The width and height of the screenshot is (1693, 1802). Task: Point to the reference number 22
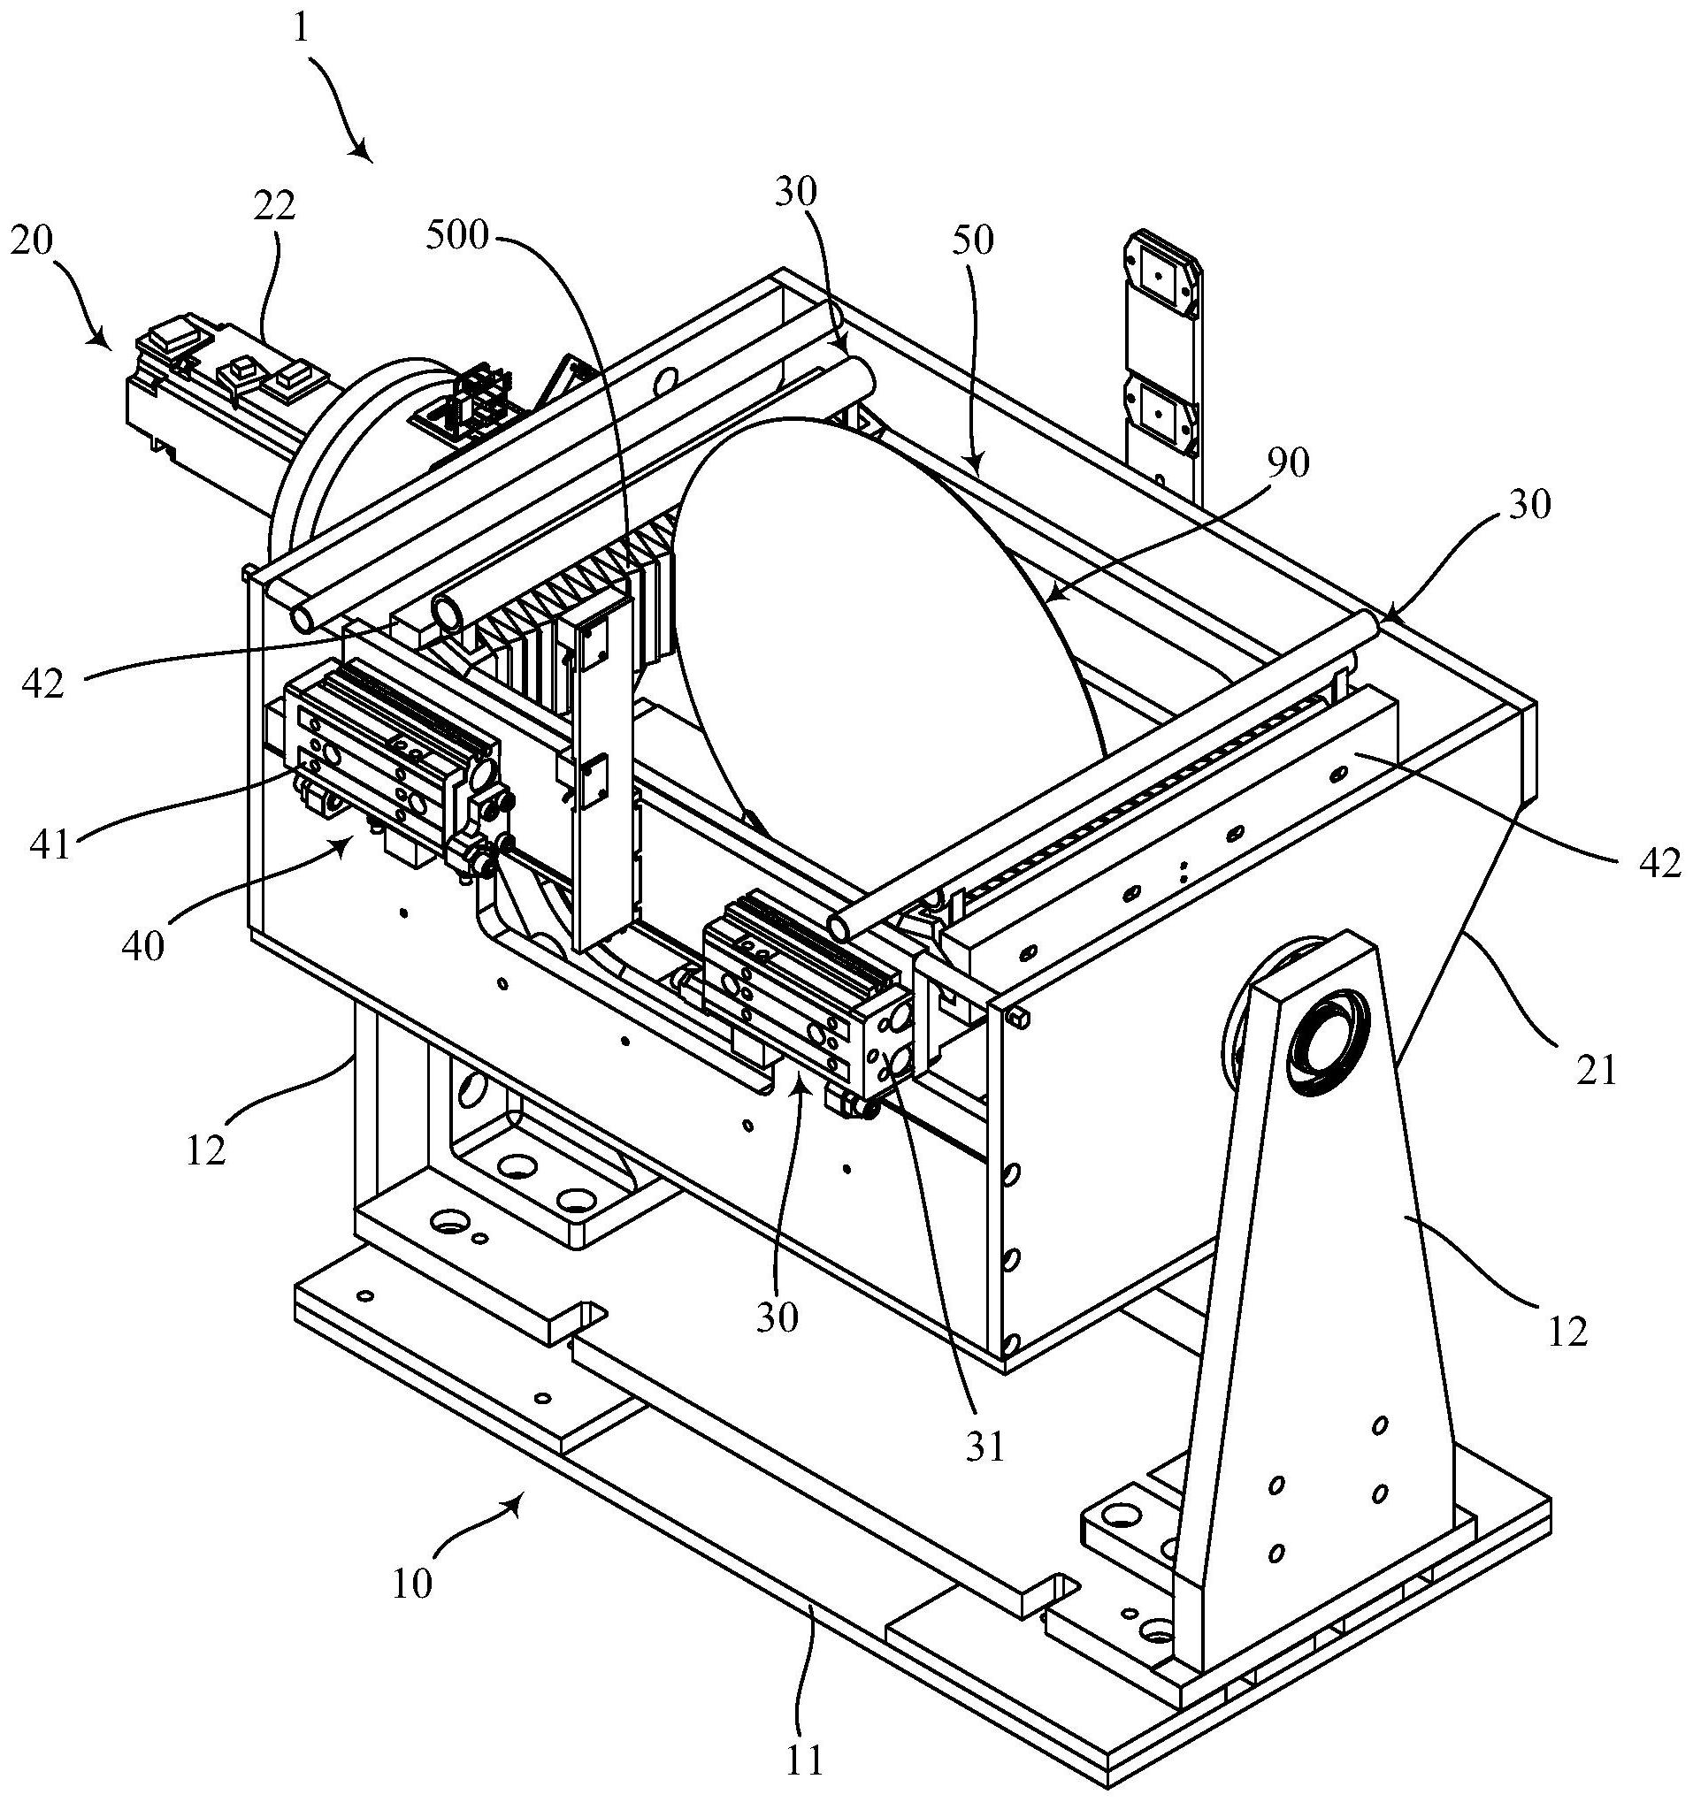pos(274,207)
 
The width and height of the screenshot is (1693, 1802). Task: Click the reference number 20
pos(32,241)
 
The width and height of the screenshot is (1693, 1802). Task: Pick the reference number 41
pos(50,845)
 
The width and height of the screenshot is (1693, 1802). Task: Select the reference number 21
pos(1597,1072)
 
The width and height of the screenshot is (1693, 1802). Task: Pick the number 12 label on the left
pos(206,1150)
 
